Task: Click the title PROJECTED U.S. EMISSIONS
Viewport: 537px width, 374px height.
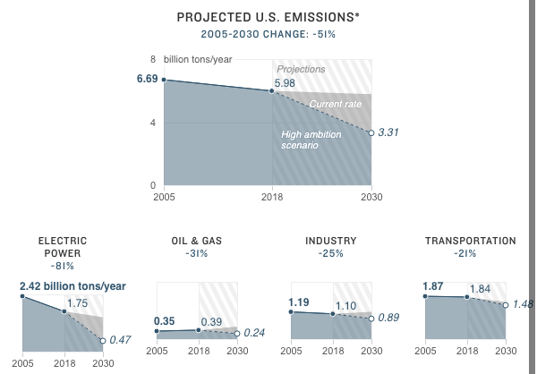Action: (x=268, y=17)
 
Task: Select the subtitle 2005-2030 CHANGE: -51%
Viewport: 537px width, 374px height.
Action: (x=268, y=35)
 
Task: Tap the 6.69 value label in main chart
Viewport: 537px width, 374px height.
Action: (x=147, y=79)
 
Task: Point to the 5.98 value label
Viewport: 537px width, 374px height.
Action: (x=285, y=83)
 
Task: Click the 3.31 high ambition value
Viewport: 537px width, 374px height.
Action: (x=388, y=132)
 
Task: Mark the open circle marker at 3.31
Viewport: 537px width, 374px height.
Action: (x=371, y=132)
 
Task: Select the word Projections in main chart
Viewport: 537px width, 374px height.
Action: (x=301, y=69)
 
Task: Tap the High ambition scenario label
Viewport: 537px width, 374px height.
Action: (x=306, y=140)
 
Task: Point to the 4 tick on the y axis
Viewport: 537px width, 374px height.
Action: (x=153, y=123)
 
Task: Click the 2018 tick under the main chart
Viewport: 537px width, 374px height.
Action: (x=272, y=196)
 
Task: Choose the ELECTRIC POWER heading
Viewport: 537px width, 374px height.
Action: (x=63, y=247)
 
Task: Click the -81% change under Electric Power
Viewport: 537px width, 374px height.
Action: (x=63, y=266)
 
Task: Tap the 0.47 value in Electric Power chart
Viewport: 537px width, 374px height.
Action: (x=121, y=340)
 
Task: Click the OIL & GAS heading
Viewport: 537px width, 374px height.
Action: (x=196, y=241)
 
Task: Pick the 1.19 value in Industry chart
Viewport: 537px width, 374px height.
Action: (x=299, y=302)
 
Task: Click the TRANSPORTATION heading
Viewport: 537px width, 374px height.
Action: (x=470, y=241)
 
